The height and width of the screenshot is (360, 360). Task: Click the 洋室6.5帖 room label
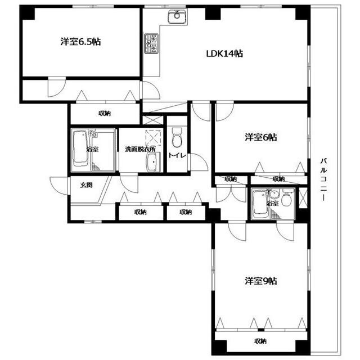click(x=80, y=42)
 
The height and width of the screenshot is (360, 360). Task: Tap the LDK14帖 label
click(x=224, y=53)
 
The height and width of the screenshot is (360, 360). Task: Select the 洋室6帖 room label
click(x=261, y=137)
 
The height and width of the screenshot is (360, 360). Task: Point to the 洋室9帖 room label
click(x=261, y=281)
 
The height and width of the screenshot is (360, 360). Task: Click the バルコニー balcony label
click(x=324, y=179)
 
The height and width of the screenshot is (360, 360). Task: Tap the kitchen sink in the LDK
click(x=177, y=16)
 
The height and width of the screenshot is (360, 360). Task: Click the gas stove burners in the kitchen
click(x=151, y=43)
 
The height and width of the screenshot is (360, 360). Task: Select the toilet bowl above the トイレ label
click(x=177, y=137)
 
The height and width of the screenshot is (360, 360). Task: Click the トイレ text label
click(x=177, y=155)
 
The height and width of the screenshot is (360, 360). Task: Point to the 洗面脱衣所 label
click(x=140, y=149)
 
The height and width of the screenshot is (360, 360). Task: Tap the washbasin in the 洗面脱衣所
click(x=152, y=162)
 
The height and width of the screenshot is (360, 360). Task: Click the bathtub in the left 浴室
click(x=80, y=148)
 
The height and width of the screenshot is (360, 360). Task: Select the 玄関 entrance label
click(x=86, y=185)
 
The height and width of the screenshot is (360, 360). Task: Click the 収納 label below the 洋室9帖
click(x=260, y=341)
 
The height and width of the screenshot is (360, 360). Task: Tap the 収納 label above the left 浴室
click(x=105, y=113)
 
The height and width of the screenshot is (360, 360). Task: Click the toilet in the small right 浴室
click(x=286, y=198)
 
